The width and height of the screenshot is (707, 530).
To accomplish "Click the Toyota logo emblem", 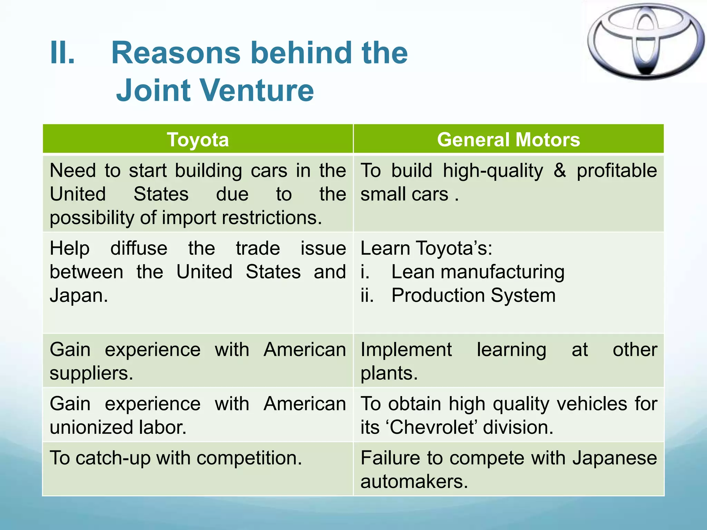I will [x=645, y=41].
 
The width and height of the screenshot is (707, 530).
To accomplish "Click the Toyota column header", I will [x=198, y=140].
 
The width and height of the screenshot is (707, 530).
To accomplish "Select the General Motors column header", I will [x=509, y=140].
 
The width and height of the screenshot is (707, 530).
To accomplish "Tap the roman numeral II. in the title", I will [x=62, y=53].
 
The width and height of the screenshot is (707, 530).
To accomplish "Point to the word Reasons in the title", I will [x=176, y=53].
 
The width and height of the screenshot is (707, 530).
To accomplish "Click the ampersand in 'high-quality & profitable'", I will [x=560, y=171].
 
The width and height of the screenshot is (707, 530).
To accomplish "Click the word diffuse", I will [x=139, y=248].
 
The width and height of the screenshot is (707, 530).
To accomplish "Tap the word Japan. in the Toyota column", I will [x=79, y=296].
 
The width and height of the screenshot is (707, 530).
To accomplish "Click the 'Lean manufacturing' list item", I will [x=478, y=272].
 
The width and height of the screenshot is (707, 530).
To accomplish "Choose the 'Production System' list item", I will [x=473, y=296].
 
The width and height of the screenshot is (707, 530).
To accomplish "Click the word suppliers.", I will [x=91, y=373].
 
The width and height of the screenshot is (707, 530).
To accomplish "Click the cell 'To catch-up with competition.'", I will [x=176, y=458].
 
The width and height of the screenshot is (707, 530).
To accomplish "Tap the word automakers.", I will [x=414, y=482].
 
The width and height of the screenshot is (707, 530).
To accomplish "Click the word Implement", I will [x=406, y=350].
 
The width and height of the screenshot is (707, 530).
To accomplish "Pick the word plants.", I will [x=389, y=373].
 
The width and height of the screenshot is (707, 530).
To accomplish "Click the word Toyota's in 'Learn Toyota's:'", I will [x=454, y=248].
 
